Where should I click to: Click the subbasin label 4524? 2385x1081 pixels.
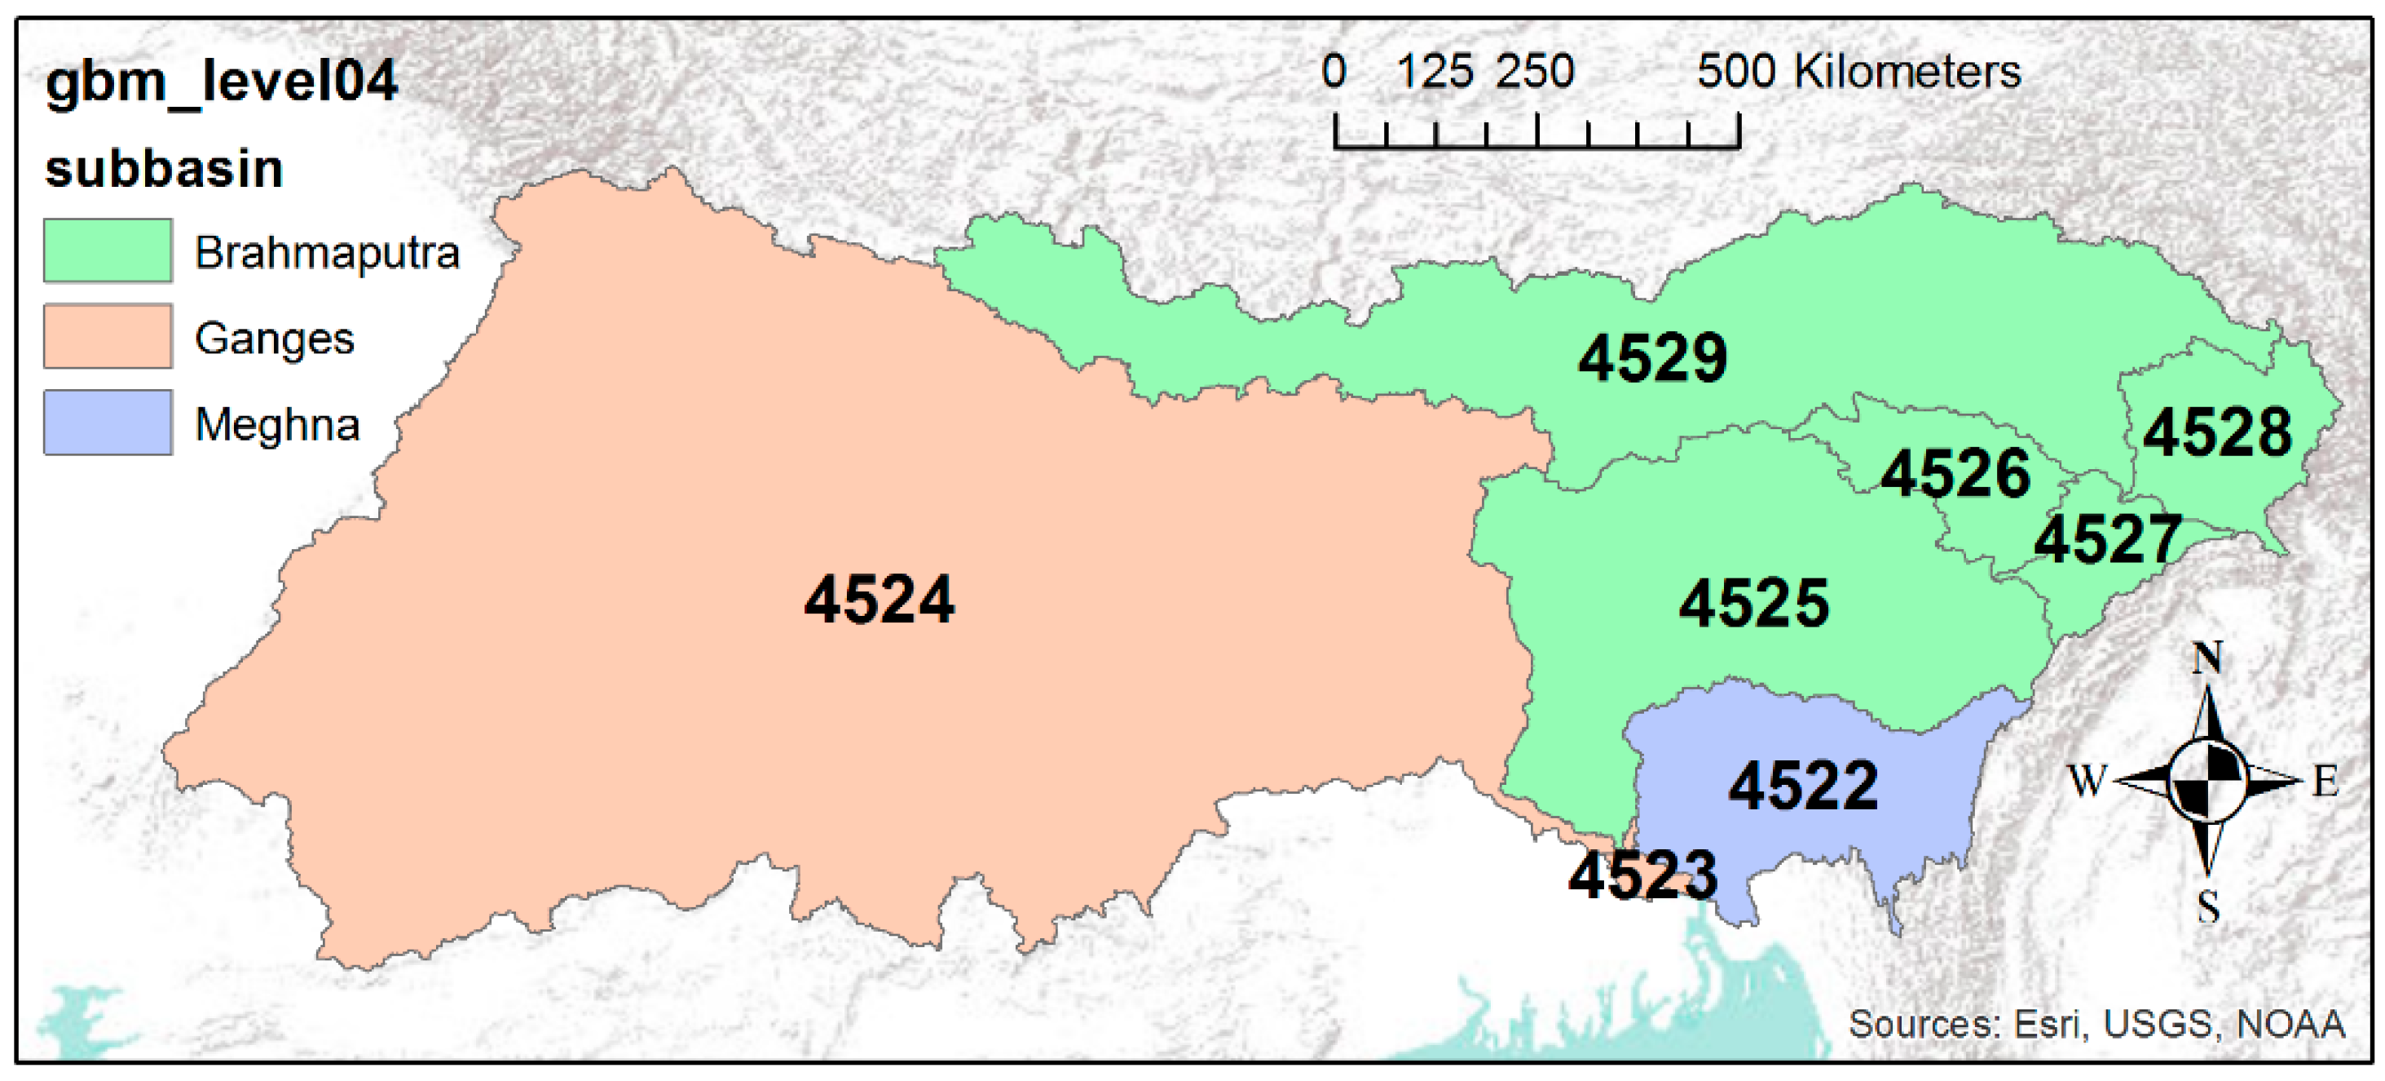[879, 600]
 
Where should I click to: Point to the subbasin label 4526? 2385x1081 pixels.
[1956, 474]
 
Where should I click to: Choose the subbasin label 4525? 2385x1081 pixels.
[1753, 604]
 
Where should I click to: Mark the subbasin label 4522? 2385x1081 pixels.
[1804, 786]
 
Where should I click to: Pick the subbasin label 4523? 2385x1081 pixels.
[1642, 875]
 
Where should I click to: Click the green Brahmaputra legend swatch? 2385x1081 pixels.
[108, 251]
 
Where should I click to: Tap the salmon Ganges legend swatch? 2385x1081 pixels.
[108, 337]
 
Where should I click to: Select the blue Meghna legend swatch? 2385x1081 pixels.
[108, 423]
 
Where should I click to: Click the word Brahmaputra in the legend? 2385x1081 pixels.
[327, 253]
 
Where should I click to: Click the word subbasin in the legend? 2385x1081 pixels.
[164, 170]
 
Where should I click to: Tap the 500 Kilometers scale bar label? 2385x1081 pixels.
[1858, 71]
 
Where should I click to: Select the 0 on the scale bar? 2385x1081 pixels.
[1334, 71]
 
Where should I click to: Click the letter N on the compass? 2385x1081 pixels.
[2208, 658]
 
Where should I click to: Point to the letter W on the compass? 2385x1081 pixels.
[2087, 781]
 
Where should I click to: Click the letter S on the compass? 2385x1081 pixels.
[2209, 906]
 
